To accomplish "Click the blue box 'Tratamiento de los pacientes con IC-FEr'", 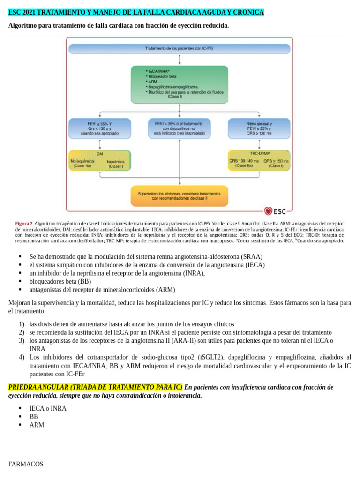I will coord(180,49).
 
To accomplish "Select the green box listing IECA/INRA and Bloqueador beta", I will coord(180,84).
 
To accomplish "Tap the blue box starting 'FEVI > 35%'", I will coord(180,128).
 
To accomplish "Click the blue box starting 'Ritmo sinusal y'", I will coord(259,128).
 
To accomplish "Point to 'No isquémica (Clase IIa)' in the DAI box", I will coord(82,163).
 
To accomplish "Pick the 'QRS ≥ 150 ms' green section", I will coord(276,163).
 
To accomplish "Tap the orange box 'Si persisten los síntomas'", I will coord(180,195).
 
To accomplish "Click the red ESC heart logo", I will coord(268,211).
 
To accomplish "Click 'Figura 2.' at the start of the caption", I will coord(24,224).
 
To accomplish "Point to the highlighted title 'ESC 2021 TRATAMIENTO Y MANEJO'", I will coord(136,12).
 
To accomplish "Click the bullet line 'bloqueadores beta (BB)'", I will coord(60,282).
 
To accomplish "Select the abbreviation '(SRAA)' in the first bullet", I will coord(252,256).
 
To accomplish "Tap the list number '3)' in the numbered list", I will coord(22,340).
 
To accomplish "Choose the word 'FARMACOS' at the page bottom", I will coord(26,464).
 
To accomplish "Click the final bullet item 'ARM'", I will coord(37,425).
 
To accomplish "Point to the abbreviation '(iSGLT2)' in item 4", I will coord(227,357).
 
